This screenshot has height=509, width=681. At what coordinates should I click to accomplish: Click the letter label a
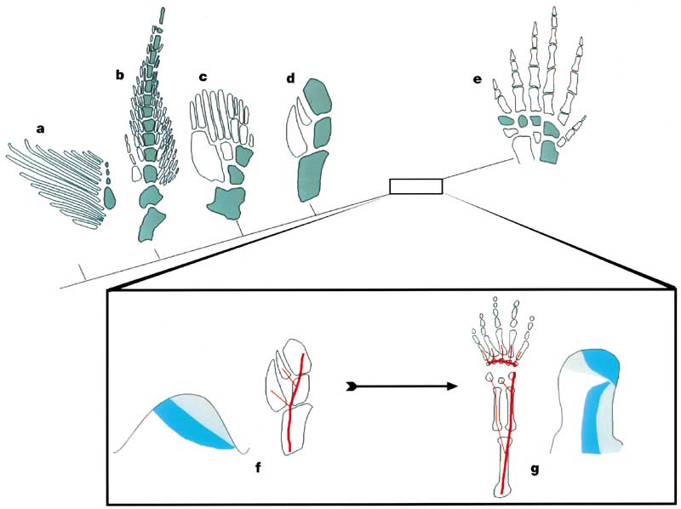coord(39,129)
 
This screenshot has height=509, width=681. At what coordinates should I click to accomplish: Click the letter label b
coord(120,74)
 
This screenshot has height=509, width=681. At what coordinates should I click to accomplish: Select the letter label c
coord(203,77)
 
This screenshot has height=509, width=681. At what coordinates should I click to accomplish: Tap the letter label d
coord(290,79)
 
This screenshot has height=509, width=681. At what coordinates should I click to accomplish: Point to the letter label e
coord(477,80)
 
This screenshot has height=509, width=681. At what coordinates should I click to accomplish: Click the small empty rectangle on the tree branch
coord(415,186)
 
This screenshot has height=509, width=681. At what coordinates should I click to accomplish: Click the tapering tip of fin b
coord(162,17)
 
